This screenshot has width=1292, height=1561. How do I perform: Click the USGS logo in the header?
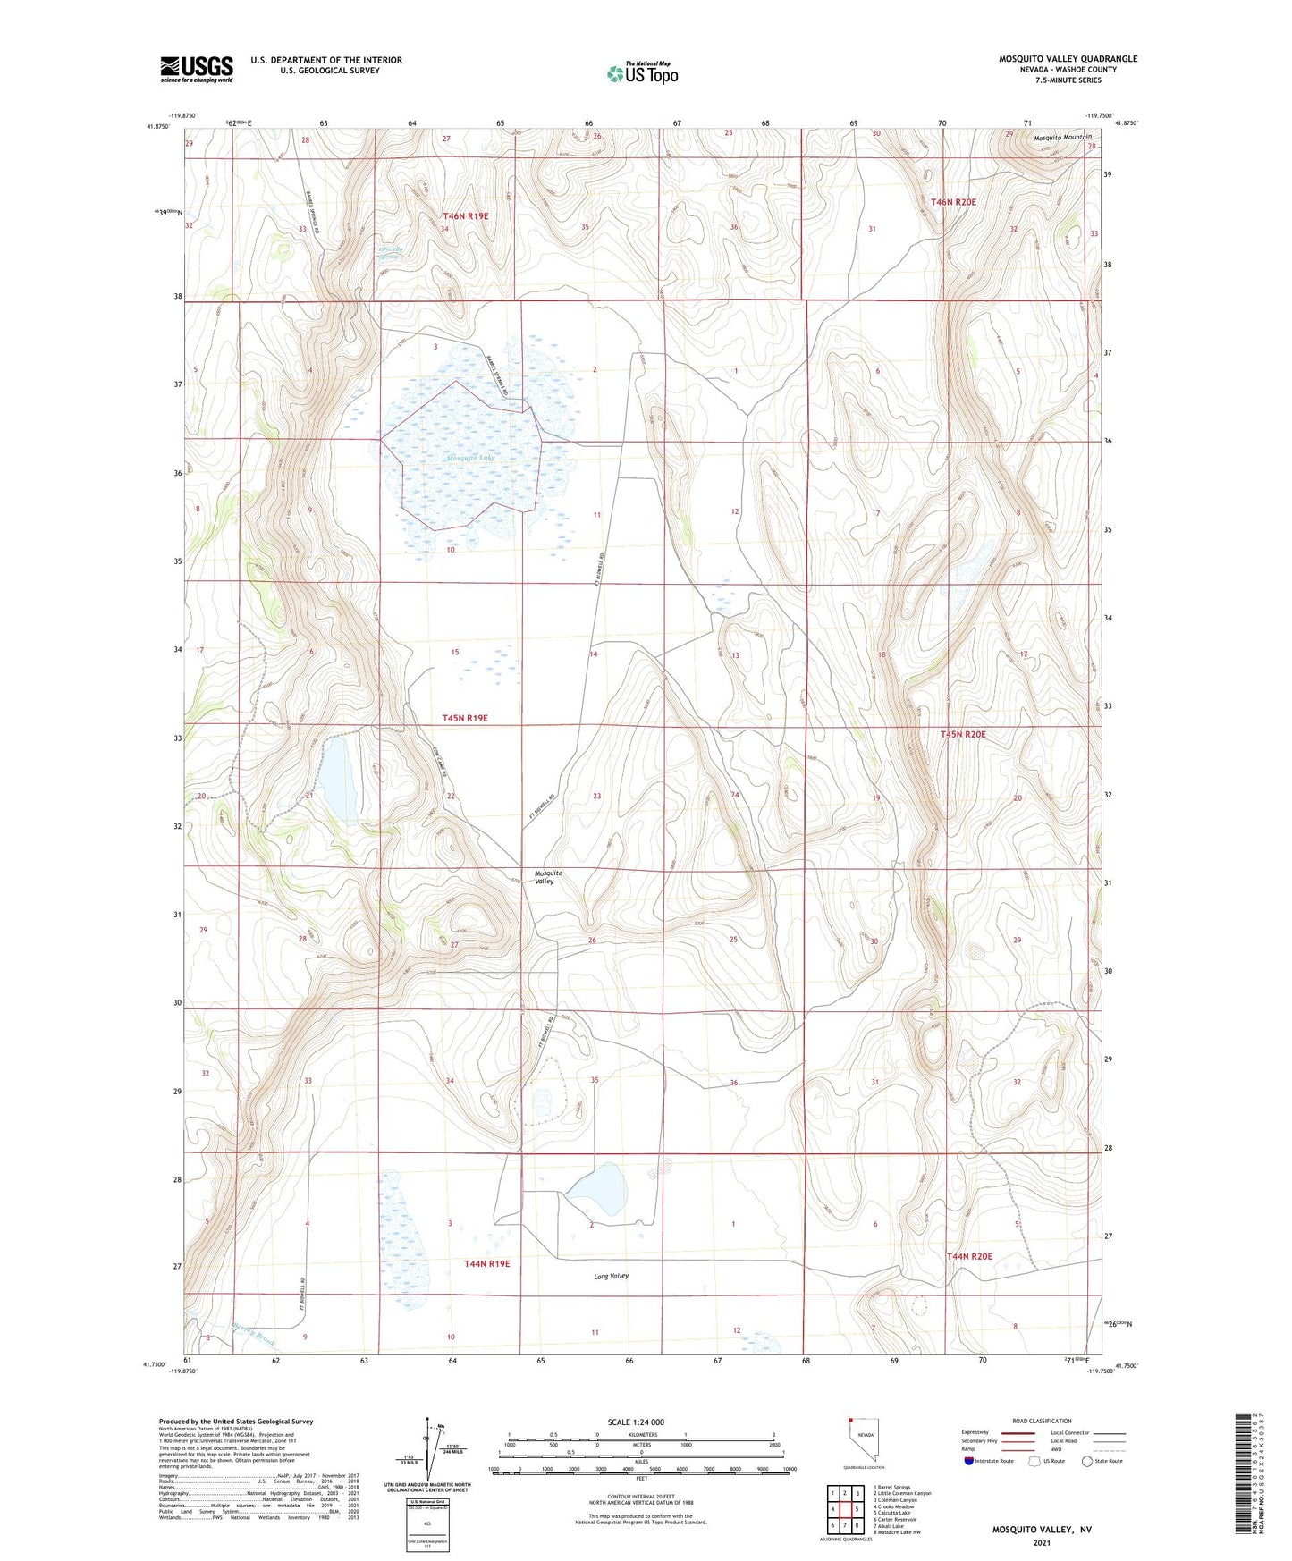tap(197, 68)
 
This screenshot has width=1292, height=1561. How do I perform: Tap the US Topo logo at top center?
tap(642, 73)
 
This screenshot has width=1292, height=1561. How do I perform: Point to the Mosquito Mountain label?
tap(1062, 138)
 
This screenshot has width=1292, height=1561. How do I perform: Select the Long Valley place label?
tap(611, 1276)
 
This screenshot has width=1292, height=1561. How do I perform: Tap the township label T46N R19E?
tap(466, 216)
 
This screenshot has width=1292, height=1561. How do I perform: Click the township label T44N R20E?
tap(969, 1256)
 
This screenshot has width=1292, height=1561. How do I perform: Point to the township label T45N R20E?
tap(962, 734)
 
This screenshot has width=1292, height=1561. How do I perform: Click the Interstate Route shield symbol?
tap(969, 1461)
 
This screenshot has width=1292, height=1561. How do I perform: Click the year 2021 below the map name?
tap(1041, 1542)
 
